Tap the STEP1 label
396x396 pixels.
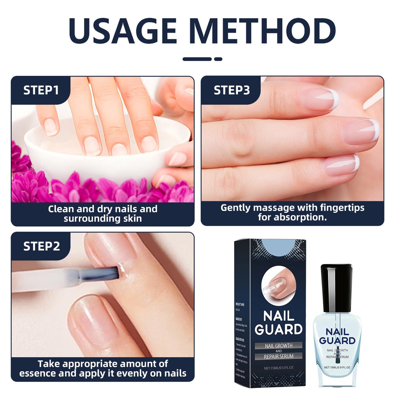[41, 90]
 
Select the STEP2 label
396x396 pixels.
[41, 246]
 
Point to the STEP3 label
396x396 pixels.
[232, 90]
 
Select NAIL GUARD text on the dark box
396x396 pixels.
[278, 323]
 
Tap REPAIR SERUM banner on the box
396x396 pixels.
[278, 356]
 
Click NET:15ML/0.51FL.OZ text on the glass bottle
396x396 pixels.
[337, 367]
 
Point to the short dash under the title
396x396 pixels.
[218, 59]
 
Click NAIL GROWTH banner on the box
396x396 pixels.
[278, 346]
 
